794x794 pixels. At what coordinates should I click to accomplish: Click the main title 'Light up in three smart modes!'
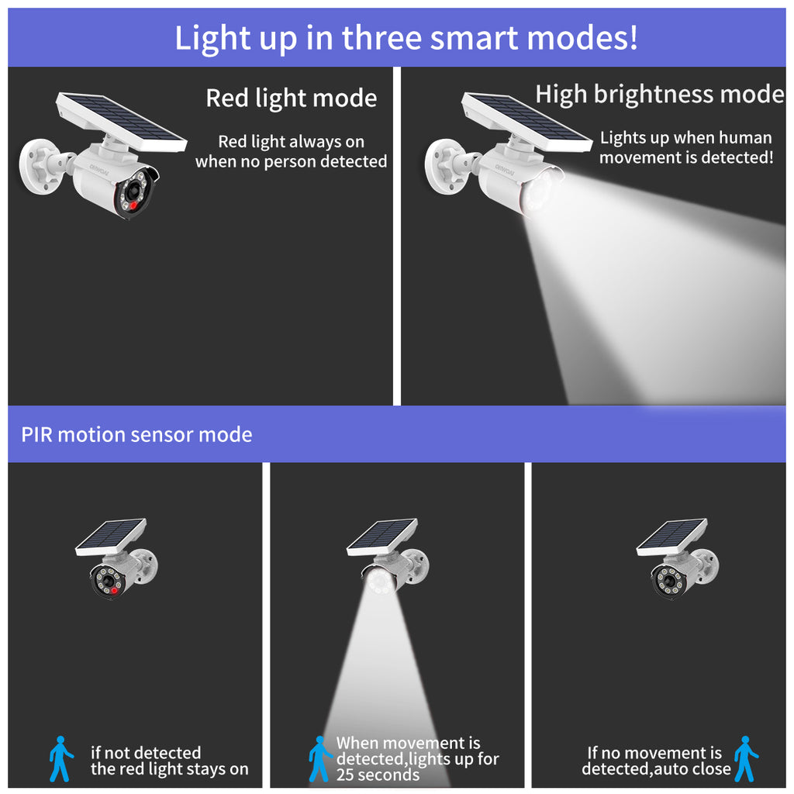click(406, 38)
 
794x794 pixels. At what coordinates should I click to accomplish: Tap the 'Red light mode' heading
click(292, 98)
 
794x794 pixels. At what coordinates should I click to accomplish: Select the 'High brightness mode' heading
click(660, 94)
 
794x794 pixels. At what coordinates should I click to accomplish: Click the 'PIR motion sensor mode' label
click(136, 434)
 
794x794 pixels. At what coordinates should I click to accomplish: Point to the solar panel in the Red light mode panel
click(121, 122)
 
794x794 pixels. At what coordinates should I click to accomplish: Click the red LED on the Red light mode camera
click(133, 205)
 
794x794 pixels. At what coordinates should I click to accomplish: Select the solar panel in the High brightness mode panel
click(526, 122)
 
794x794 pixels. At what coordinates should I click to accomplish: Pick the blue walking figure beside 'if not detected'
click(60, 758)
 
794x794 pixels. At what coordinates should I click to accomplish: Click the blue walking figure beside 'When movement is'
click(320, 758)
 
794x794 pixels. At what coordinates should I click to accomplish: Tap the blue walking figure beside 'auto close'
click(746, 758)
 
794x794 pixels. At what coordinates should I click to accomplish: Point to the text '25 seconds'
click(378, 775)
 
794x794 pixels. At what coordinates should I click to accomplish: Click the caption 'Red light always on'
click(292, 141)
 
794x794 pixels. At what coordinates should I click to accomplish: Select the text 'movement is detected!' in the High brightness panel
click(686, 157)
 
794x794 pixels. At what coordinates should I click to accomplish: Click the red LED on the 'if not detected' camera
click(115, 590)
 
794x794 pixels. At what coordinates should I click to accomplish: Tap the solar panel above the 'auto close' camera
click(672, 537)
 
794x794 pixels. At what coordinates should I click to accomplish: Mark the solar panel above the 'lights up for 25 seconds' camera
click(382, 537)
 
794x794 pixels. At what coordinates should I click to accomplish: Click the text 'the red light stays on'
click(170, 768)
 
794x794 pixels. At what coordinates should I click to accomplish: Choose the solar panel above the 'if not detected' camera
click(111, 537)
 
